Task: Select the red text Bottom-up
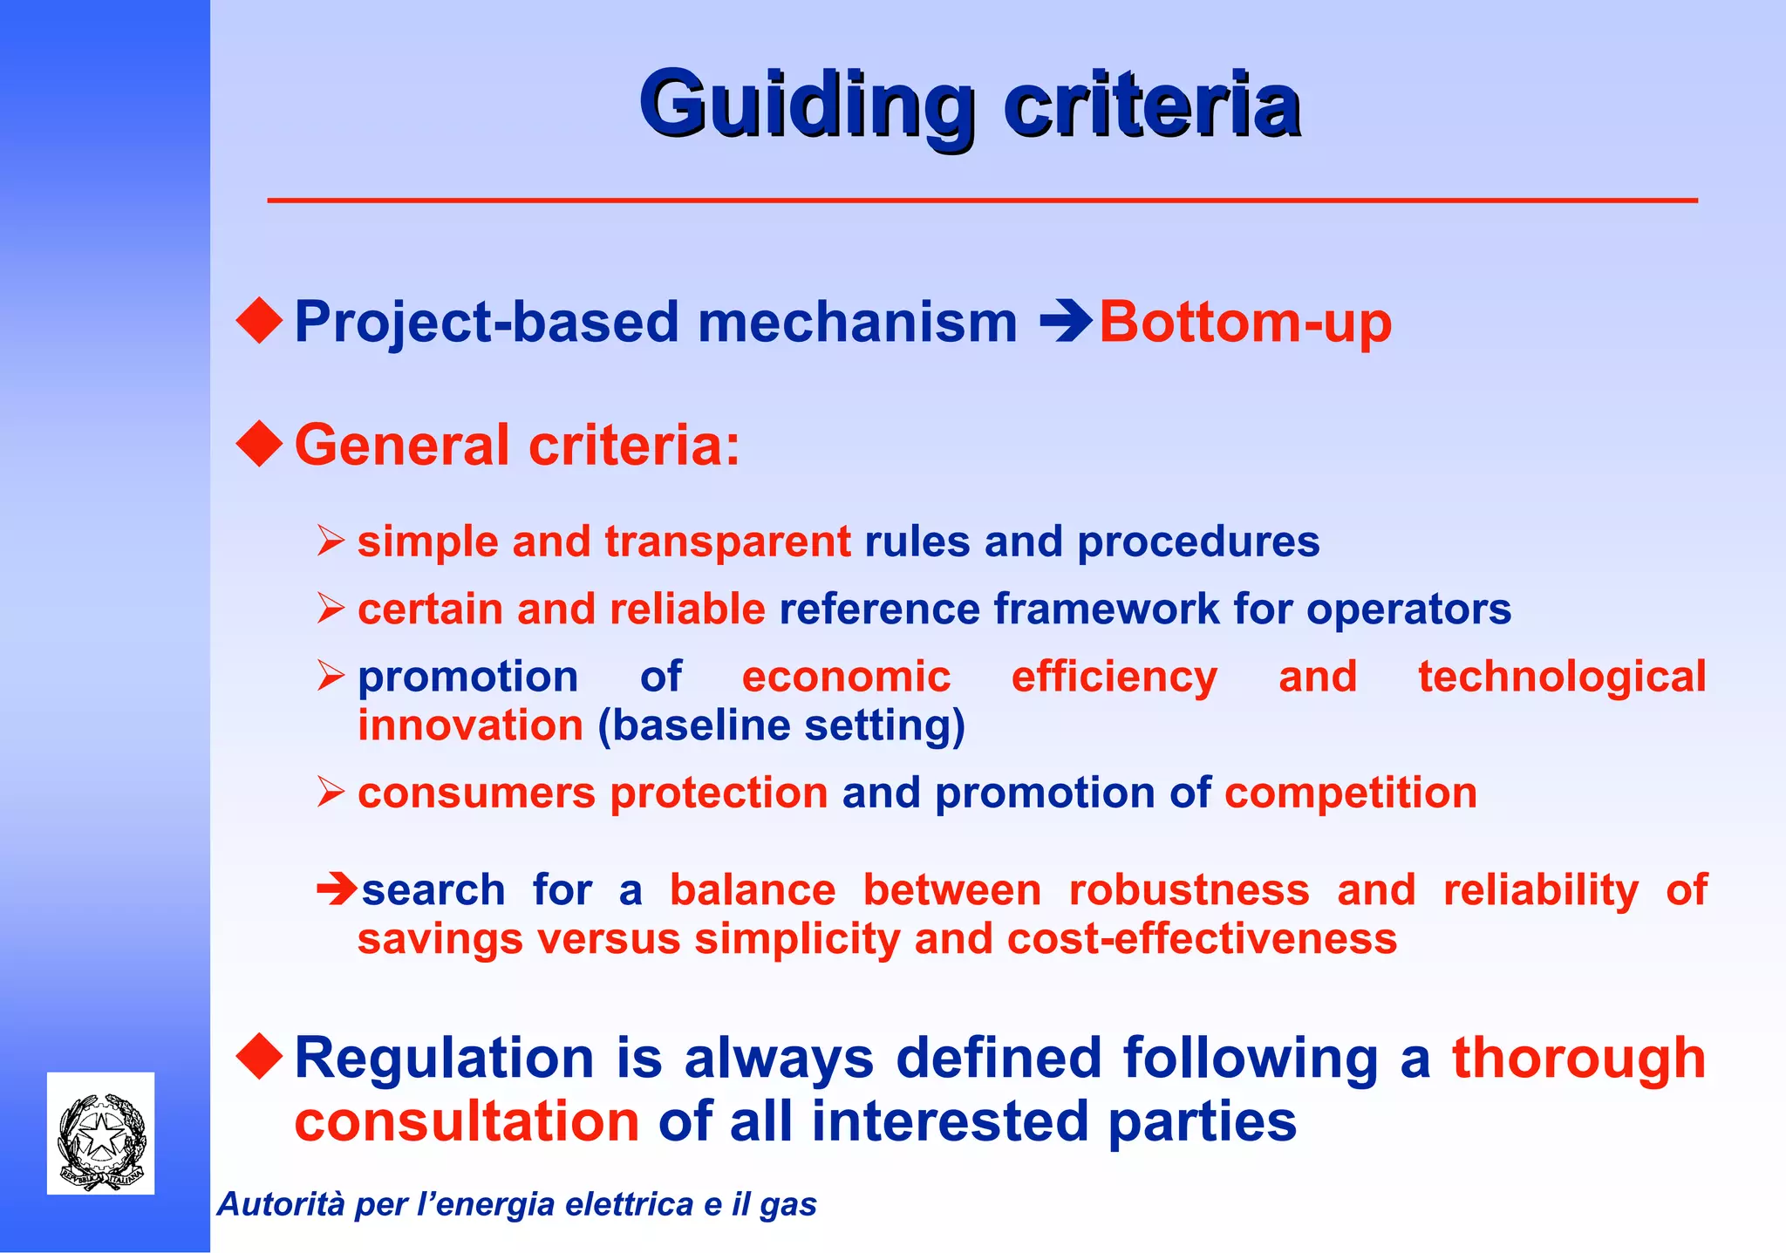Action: (1244, 323)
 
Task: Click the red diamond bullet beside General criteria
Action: (259, 443)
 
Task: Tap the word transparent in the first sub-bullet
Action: (727, 541)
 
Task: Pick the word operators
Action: (1408, 609)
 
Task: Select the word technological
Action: (1561, 677)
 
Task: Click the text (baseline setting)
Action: (781, 726)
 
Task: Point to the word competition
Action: (1350, 793)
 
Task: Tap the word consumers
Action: (476, 793)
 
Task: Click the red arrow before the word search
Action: (336, 889)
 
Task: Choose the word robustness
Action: (1189, 890)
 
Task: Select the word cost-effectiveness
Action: (1202, 939)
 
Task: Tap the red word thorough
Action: (1578, 1059)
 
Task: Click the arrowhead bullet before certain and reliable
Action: (331, 608)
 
